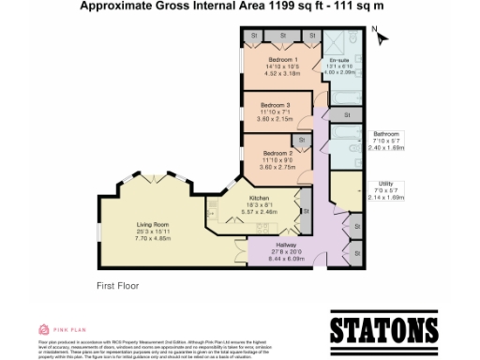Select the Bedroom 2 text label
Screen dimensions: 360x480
click(278, 152)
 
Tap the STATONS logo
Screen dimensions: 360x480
click(384, 331)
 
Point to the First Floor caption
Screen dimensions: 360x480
click(118, 284)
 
